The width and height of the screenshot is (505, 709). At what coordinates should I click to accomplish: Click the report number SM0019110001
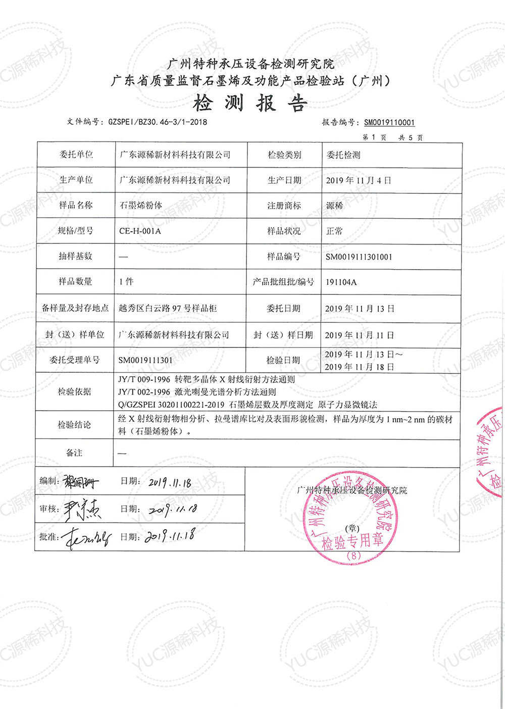389,123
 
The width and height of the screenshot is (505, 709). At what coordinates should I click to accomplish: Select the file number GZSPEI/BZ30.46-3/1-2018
157,122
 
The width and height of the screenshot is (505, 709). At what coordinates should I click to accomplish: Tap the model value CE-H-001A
140,231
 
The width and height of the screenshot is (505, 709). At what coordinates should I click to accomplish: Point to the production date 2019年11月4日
358,180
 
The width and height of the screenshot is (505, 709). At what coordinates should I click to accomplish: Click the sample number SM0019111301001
359,257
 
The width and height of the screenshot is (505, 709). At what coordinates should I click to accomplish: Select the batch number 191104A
341,282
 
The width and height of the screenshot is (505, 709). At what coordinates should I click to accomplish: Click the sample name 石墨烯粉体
141,206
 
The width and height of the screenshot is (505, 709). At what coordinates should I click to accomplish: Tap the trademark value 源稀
334,206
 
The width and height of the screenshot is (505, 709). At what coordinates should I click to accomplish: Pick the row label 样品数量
75,282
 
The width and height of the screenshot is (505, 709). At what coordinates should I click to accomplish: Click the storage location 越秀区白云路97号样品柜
168,308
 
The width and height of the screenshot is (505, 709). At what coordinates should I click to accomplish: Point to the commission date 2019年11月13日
360,309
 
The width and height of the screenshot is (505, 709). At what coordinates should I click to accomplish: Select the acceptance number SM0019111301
145,361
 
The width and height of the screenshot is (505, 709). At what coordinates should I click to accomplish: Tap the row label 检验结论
74,425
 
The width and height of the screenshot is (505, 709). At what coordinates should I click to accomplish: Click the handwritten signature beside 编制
80,483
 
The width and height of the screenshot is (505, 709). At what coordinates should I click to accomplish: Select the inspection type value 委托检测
343,155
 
